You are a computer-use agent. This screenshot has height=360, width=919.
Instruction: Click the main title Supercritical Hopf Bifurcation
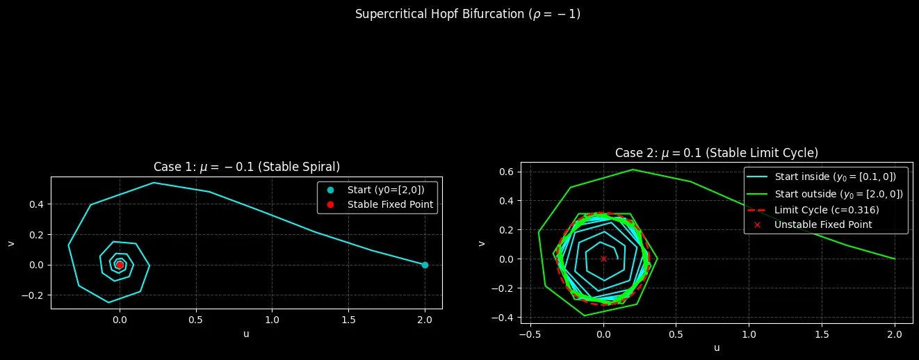pos(467,15)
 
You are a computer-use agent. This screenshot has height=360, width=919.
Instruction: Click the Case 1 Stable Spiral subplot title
pos(246,167)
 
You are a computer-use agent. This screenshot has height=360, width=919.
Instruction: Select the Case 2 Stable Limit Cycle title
pos(716,153)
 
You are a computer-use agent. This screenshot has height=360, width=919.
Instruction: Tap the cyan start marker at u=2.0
pos(425,265)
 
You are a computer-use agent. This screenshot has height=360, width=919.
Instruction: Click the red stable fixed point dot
pos(120,265)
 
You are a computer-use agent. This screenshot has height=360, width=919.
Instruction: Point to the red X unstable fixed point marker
pos(603,259)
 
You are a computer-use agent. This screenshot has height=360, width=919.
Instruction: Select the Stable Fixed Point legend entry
pos(390,204)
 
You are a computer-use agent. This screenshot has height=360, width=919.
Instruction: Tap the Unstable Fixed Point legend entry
pos(823,224)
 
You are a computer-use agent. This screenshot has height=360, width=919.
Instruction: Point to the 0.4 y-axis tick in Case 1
pos(34,204)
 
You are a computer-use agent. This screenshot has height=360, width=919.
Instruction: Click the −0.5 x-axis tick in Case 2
pos(530,334)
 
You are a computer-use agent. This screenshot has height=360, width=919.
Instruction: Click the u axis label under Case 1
pos(246,334)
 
